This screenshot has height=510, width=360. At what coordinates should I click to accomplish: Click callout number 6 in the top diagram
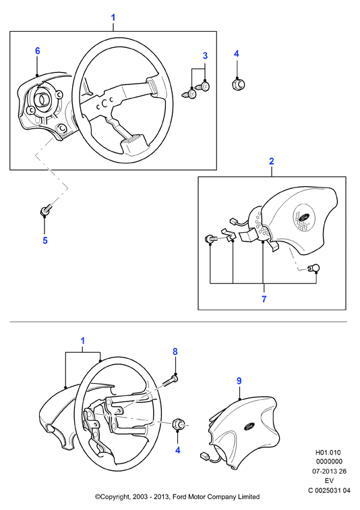[38, 51]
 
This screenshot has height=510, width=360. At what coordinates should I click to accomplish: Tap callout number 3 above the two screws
[205, 55]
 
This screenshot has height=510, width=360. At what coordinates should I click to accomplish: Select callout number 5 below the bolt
[45, 240]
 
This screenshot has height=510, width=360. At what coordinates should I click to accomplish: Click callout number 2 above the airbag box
[271, 161]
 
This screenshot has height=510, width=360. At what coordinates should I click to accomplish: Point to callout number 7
[264, 299]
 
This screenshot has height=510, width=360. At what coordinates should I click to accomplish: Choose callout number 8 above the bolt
[175, 351]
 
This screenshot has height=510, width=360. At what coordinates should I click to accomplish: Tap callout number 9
[239, 380]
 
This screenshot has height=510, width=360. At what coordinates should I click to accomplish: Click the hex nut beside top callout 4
[239, 85]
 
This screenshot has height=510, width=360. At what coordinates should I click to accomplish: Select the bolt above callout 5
[45, 210]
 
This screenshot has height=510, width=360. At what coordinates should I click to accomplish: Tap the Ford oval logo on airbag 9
[249, 426]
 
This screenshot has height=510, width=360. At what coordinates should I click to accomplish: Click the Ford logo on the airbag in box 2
[303, 217]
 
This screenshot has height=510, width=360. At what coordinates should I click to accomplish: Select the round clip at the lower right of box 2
[313, 268]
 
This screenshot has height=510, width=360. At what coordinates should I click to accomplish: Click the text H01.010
[328, 453]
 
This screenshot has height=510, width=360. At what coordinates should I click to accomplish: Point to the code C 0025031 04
[329, 490]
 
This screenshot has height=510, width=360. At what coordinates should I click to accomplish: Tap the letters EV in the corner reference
[329, 480]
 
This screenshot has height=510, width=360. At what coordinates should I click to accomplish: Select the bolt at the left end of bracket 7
[211, 239]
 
